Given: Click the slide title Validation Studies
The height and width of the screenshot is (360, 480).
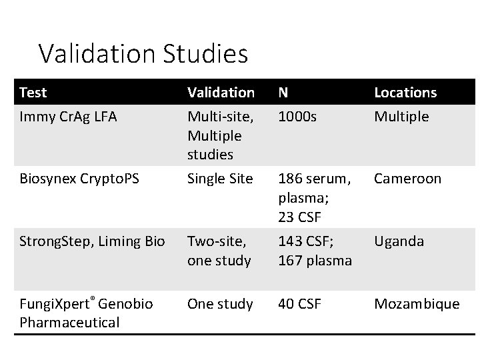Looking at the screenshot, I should [143, 53].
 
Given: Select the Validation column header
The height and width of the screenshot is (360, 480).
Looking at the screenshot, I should [221, 92].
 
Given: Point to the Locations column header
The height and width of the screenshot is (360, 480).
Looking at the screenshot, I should [405, 92].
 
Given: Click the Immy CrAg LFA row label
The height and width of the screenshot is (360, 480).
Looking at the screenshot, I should [68, 117].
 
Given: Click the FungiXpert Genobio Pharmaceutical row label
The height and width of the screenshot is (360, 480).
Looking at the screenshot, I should [86, 313].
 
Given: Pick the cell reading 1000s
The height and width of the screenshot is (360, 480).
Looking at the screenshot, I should [297, 117].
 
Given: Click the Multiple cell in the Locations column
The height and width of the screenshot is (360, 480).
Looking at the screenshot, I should [401, 117].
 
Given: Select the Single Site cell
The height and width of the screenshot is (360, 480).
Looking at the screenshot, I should [220, 179].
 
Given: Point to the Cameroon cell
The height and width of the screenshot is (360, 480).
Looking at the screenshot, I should [407, 179].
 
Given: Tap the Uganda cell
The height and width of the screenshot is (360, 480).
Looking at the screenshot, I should [399, 241].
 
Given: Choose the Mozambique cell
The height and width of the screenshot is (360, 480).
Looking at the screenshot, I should [417, 304].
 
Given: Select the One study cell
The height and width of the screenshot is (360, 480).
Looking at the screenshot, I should [220, 304].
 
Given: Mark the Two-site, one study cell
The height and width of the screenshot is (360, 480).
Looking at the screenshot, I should [219, 251].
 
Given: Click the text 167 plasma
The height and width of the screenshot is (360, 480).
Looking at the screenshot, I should [314, 260].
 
